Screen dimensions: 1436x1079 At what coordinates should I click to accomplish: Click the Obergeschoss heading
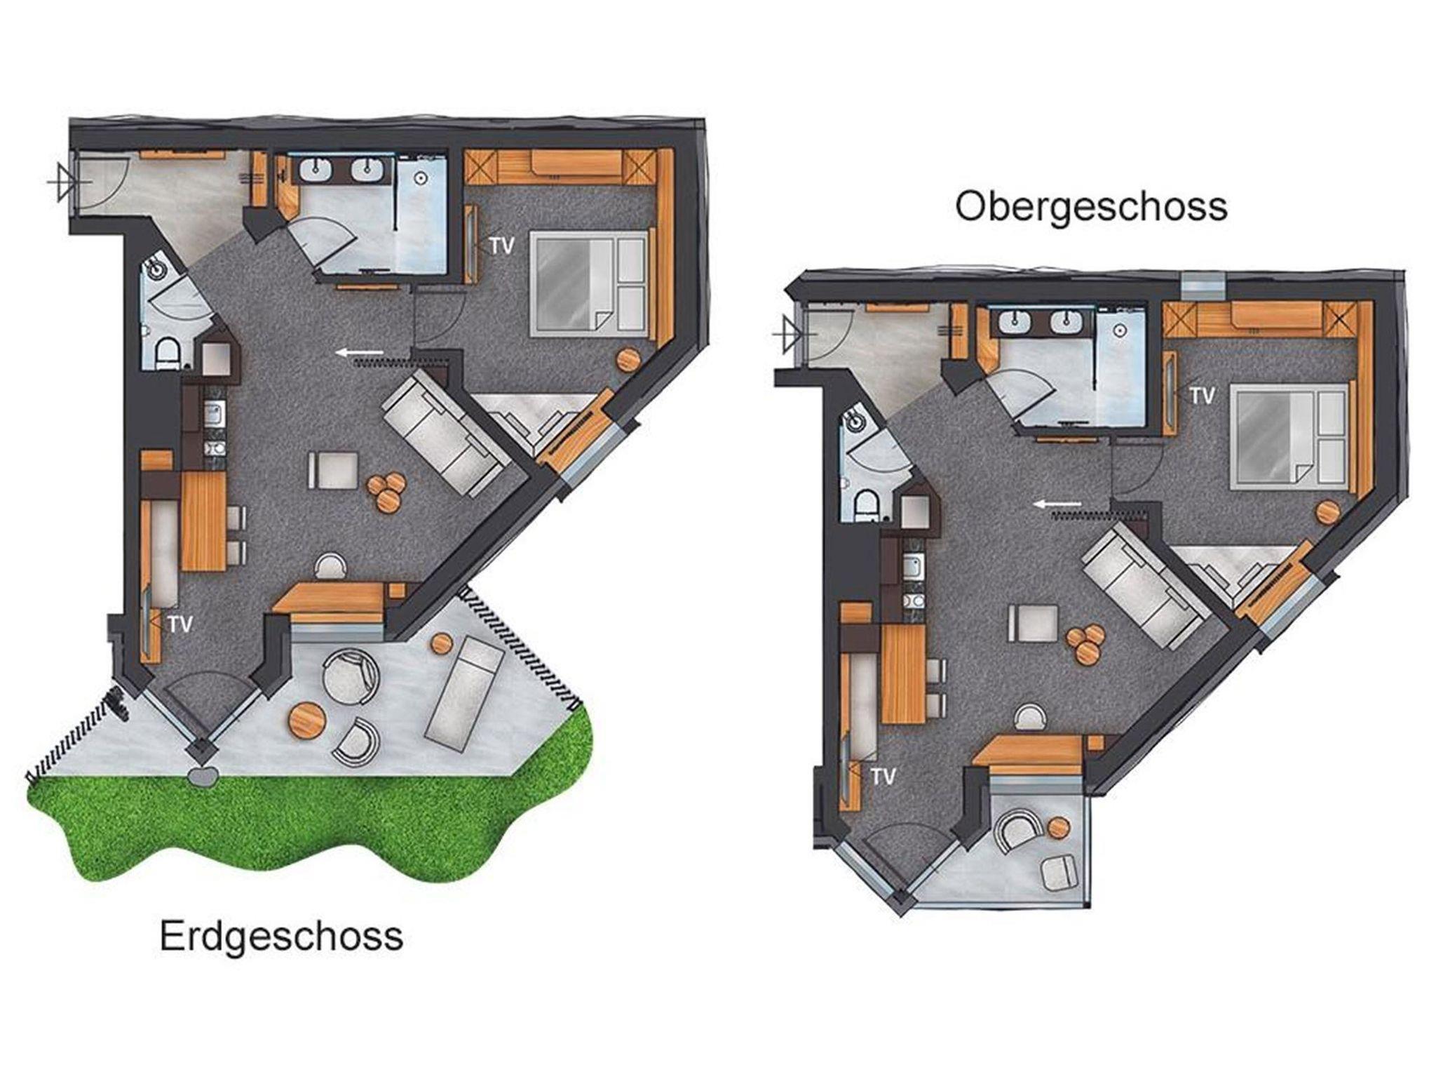tap(1092, 207)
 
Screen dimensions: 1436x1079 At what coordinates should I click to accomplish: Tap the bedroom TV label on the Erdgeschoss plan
tap(503, 246)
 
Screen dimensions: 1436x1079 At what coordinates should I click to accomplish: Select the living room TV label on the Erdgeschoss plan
tap(180, 624)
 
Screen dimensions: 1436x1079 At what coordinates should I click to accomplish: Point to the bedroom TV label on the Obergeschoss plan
tap(1202, 396)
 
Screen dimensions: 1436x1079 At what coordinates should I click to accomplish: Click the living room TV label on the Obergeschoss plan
tap(883, 777)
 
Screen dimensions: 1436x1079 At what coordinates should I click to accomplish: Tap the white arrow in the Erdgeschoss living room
tap(360, 352)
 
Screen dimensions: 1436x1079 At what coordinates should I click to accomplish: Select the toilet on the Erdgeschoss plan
tap(167, 353)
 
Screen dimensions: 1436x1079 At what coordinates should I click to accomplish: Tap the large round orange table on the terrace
tap(307, 718)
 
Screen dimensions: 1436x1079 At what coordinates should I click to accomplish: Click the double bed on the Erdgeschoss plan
tap(590, 283)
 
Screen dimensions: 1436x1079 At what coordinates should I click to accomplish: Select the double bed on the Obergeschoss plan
tap(1292, 436)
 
